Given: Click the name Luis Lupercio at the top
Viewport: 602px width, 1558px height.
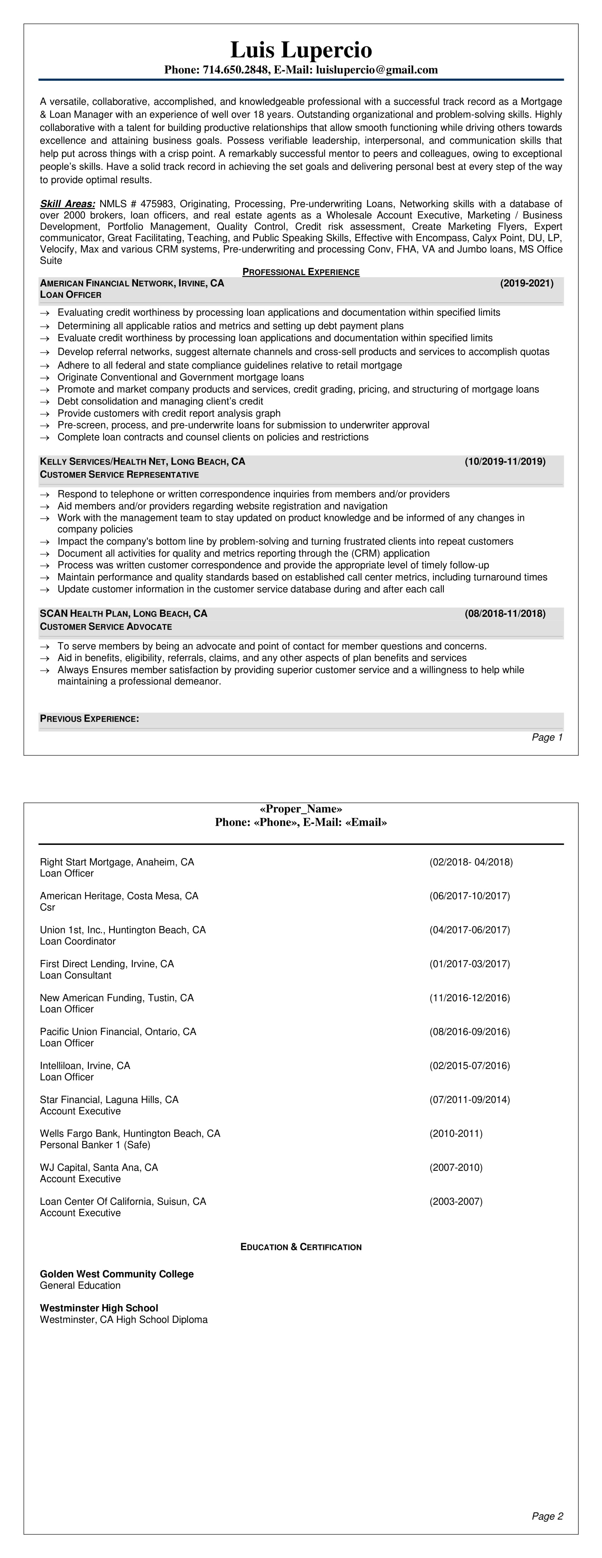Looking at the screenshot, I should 301,50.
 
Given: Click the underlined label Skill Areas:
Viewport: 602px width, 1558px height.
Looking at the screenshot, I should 67,204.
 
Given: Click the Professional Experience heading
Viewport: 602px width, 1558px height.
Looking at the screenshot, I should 301,272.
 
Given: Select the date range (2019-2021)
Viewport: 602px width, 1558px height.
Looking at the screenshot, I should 526,283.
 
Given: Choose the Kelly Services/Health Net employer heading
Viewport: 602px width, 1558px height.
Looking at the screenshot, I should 142,461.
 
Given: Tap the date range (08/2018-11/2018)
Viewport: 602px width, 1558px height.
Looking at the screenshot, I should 505,613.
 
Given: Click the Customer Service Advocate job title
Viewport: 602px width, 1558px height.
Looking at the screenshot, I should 106,627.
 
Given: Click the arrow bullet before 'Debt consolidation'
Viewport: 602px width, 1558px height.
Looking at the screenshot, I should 44,402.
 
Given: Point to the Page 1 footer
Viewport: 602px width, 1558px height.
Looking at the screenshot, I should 547,737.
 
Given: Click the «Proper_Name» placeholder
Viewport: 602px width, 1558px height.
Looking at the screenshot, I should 301,809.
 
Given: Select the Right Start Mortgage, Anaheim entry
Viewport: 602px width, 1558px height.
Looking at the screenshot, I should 117,862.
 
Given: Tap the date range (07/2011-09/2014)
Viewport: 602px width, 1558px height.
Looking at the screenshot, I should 470,1099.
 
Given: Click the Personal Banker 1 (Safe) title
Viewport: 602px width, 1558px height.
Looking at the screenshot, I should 95,1145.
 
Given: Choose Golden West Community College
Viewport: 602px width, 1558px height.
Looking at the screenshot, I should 117,1274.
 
